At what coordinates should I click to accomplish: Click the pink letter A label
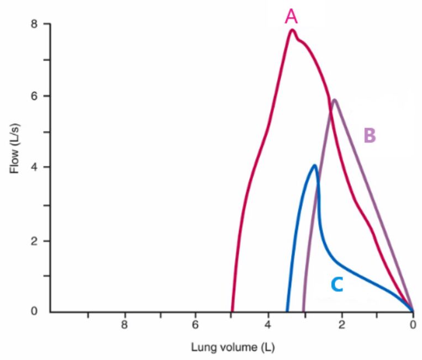(291, 17)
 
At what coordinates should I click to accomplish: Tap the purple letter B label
(370, 135)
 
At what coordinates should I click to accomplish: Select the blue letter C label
(337, 284)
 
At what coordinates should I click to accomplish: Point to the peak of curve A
(292, 30)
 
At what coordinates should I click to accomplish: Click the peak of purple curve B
(334, 100)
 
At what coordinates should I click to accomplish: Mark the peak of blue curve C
(314, 165)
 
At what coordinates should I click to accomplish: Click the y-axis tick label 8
(34, 24)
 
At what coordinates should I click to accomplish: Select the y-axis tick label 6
(34, 96)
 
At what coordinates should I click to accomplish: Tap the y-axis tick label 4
(34, 167)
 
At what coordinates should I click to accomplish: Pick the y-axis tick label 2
(34, 241)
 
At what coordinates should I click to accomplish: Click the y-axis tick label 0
(34, 312)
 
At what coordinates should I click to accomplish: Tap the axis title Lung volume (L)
(232, 348)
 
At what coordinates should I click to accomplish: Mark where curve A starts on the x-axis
(233, 311)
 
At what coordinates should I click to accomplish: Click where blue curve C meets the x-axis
(287, 311)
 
